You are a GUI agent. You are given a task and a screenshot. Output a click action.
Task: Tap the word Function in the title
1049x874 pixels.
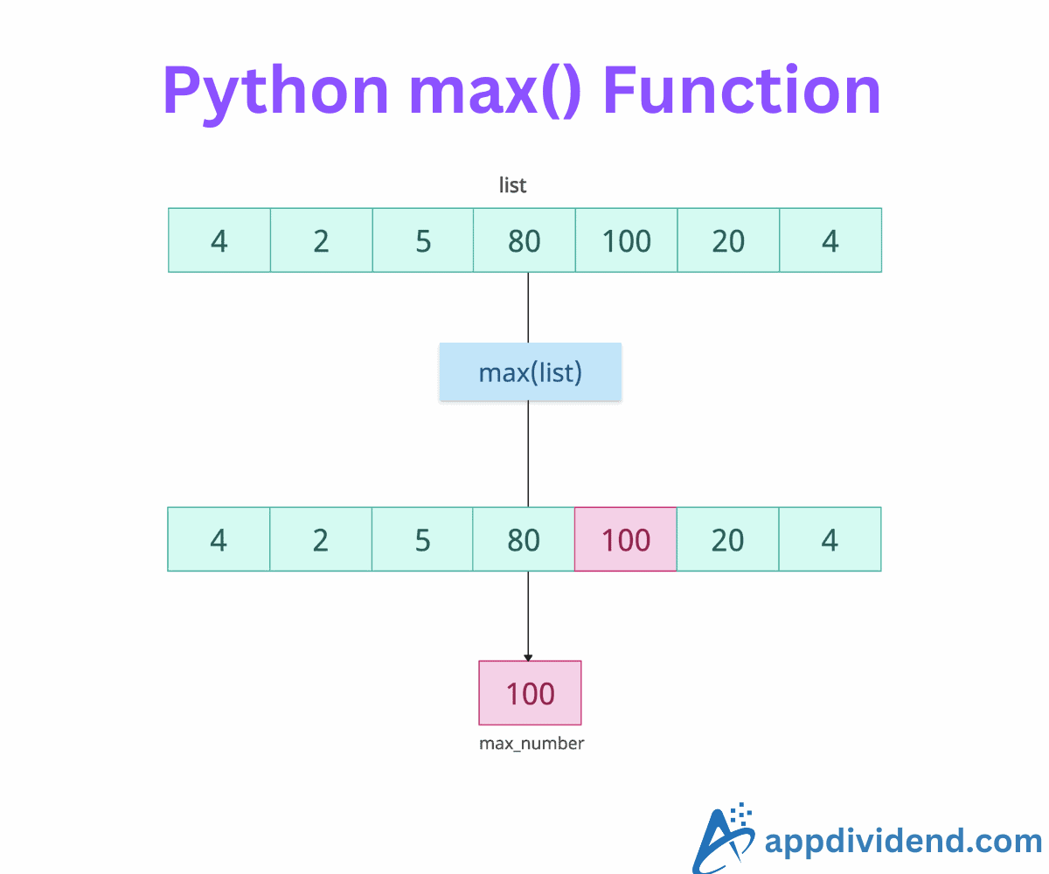(x=742, y=91)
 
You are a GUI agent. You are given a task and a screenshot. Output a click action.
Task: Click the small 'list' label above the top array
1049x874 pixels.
(x=513, y=185)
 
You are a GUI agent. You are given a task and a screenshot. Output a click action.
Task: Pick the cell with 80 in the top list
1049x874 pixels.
(x=524, y=240)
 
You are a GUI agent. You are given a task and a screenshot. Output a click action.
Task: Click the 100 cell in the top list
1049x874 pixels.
(x=626, y=240)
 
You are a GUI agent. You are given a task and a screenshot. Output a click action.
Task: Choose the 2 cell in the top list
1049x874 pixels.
(x=321, y=240)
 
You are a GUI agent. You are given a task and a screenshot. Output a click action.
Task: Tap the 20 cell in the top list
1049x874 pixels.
(x=728, y=240)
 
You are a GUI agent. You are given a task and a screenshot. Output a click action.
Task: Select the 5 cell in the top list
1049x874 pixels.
(x=423, y=240)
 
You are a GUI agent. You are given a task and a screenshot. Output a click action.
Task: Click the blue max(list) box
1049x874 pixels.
(x=530, y=372)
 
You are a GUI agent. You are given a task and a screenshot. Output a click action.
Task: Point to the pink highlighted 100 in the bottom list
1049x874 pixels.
(x=625, y=539)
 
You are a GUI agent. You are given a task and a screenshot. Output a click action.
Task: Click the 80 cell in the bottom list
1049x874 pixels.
(x=524, y=539)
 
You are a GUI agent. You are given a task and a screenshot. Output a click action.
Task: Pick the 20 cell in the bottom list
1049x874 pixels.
(x=727, y=539)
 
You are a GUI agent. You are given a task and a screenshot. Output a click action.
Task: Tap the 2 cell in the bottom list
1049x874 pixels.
(x=320, y=539)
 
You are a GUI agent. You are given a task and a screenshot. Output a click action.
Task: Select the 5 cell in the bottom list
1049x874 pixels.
(x=422, y=539)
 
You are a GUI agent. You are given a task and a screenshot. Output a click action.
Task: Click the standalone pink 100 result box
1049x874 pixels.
(x=530, y=693)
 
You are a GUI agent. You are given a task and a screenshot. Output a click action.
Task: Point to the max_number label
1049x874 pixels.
(x=531, y=744)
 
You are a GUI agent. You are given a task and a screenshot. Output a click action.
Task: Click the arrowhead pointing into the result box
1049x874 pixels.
(x=528, y=656)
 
